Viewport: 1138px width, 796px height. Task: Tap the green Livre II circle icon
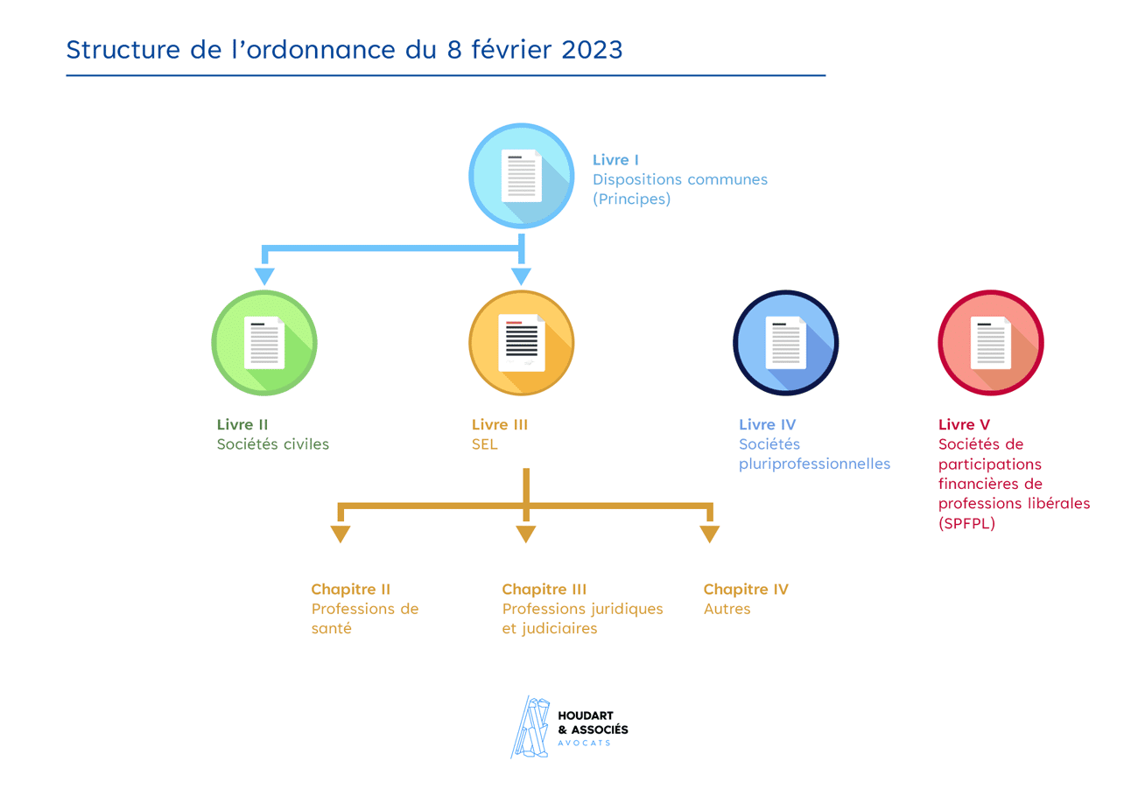point(264,342)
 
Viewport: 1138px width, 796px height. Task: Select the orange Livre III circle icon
point(522,342)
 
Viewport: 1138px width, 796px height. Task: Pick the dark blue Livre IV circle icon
point(785,342)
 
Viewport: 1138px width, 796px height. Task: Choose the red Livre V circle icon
point(991,342)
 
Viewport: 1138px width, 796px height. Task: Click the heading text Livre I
point(615,160)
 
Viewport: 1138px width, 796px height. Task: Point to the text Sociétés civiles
point(273,443)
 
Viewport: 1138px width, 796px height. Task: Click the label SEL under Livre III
point(484,443)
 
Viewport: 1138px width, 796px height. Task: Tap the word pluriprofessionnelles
point(814,464)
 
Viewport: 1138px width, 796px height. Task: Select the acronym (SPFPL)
point(967,524)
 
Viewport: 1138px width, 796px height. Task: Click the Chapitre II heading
point(350,590)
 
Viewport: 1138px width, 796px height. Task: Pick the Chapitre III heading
point(544,590)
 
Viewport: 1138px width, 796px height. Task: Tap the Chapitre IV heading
point(746,590)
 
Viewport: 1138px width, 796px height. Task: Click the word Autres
point(727,609)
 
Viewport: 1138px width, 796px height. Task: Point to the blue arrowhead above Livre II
point(264,276)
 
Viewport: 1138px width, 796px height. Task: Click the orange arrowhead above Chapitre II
point(340,534)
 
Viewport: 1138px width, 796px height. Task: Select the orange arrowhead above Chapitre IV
point(709,534)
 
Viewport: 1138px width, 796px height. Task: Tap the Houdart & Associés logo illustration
point(531,727)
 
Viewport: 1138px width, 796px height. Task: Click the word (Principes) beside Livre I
point(631,199)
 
